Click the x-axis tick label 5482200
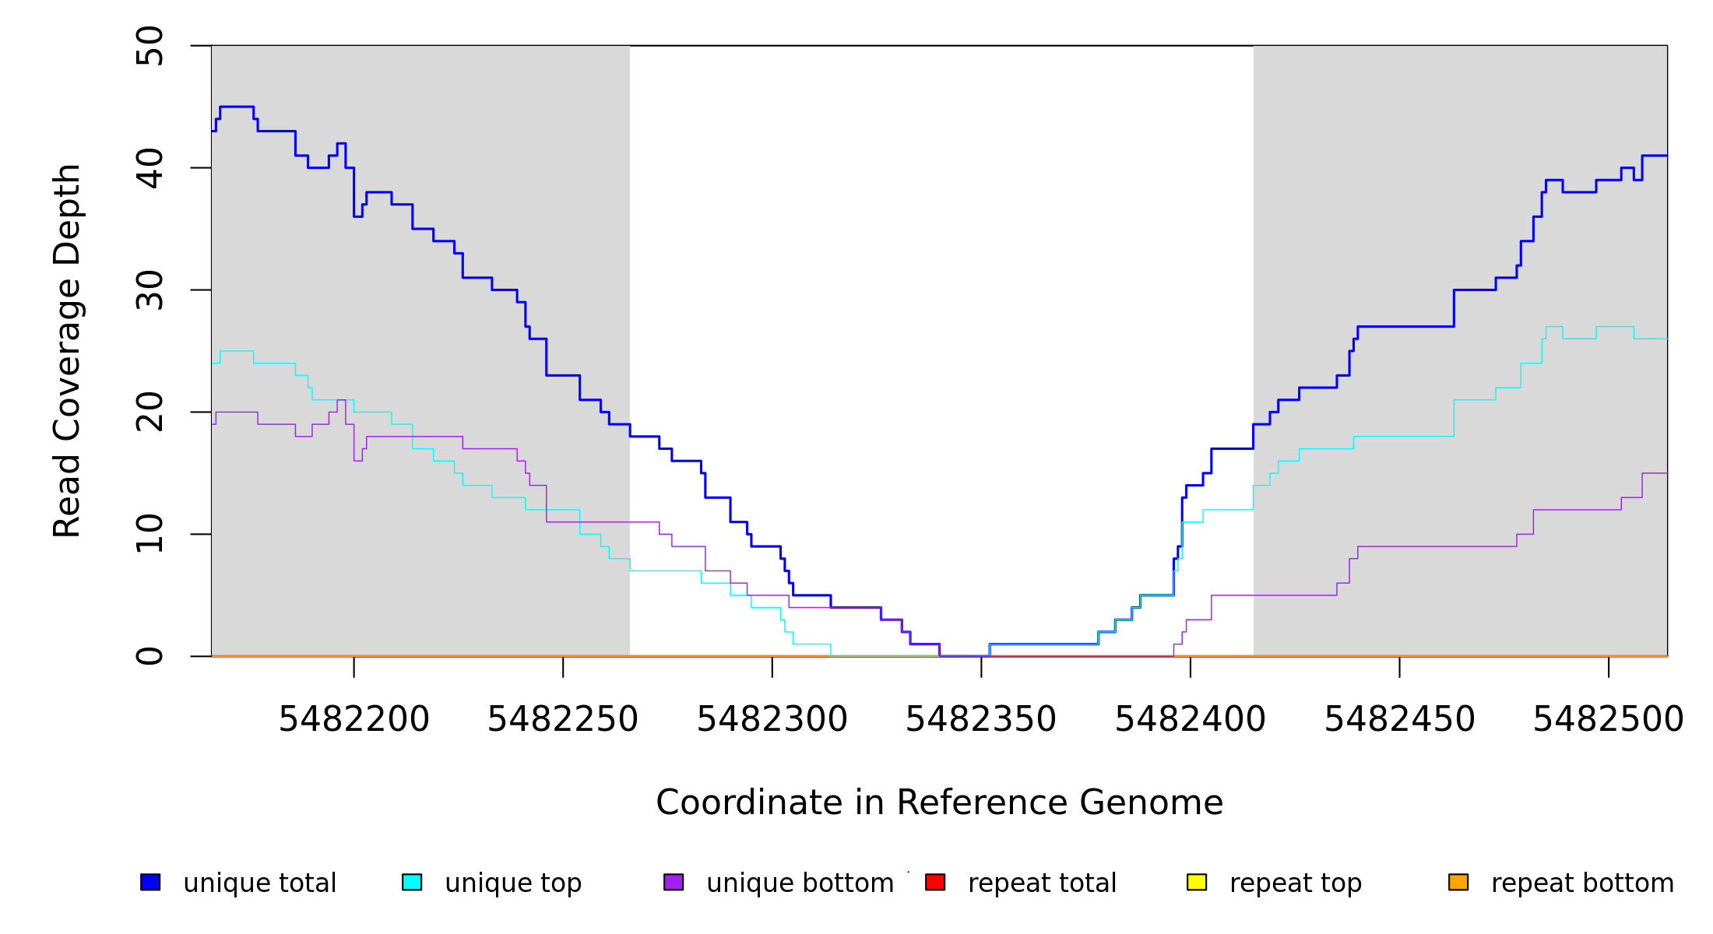click(x=354, y=720)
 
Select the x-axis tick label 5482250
click(x=562, y=720)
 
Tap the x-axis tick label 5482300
click(x=772, y=720)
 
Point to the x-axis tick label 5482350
click(x=980, y=720)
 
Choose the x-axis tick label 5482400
click(x=1190, y=720)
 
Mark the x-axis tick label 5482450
click(x=1399, y=720)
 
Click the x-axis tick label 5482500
click(x=1608, y=720)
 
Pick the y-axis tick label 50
click(x=149, y=46)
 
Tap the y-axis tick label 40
click(x=149, y=168)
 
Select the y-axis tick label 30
click(x=149, y=290)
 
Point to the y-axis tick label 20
click(x=149, y=412)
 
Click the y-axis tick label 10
click(x=149, y=534)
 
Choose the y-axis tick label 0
click(x=149, y=656)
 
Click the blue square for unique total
click(x=150, y=882)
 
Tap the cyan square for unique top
click(x=412, y=882)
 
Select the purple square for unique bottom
click(x=674, y=882)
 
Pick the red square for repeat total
click(x=935, y=882)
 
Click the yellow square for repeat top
click(x=1197, y=882)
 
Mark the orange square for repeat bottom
click(x=1458, y=882)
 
